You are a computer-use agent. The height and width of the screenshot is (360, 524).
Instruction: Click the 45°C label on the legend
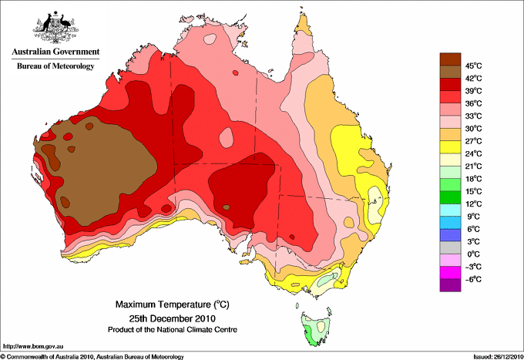point(473,66)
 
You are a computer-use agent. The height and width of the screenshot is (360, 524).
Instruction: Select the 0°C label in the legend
point(473,254)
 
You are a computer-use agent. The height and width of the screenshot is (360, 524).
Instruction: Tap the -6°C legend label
point(473,279)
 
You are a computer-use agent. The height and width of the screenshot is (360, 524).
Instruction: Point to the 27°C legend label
point(473,141)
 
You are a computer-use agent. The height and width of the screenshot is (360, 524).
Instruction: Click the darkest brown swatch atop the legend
point(450,59)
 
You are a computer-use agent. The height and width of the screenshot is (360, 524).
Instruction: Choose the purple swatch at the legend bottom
point(450,285)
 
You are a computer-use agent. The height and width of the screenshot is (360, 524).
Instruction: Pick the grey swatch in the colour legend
point(450,247)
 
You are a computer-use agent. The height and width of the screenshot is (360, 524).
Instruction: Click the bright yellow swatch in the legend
point(450,147)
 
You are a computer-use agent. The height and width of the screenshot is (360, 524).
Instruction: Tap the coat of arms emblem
point(55,27)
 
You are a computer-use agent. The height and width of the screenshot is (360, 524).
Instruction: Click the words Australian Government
point(55,52)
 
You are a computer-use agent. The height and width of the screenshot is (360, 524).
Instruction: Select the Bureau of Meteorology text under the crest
point(55,66)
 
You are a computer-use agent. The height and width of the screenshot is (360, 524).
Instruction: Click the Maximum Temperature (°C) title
point(172,304)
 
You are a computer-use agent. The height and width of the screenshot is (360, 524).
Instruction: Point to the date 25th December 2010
point(172,318)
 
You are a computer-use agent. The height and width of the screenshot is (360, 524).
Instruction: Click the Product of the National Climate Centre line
point(172,330)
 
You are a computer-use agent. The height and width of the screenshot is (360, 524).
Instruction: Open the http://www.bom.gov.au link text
point(32,347)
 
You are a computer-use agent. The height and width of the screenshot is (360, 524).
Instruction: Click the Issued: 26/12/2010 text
point(498,357)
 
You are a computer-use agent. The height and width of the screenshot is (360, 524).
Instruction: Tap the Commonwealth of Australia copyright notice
point(92,357)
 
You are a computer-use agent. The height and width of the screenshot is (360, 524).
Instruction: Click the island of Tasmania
point(316,329)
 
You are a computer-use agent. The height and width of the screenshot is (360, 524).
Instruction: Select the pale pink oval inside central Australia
point(227,137)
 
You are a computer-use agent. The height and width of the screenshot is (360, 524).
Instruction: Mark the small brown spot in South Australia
point(227,207)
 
